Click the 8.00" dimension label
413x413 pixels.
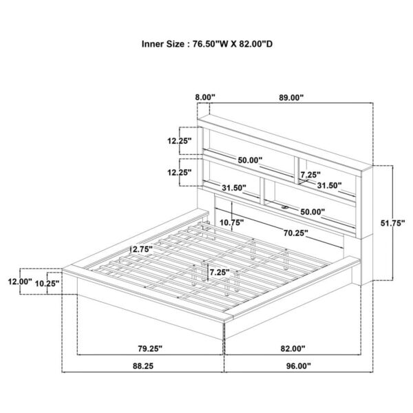point(205,98)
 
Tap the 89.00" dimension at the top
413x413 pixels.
point(291,98)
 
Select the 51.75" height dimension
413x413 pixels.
point(392,223)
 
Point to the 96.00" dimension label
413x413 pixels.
point(299,366)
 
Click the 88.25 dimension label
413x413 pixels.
point(143,366)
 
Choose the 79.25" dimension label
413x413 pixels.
point(150,349)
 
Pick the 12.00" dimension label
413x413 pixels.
point(20,282)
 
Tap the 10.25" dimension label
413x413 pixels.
point(47,284)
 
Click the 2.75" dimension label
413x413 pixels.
point(143,249)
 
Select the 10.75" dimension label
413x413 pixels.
point(232,223)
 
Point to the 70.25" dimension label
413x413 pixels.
point(296,233)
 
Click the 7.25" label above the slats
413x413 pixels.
point(220,272)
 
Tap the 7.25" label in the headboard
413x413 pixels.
point(310,175)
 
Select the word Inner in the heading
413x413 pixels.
point(151,44)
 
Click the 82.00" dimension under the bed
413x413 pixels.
point(293,349)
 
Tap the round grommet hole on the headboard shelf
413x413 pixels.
point(285,208)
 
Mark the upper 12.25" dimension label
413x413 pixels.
point(180,141)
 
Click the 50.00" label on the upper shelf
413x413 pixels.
point(250,160)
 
